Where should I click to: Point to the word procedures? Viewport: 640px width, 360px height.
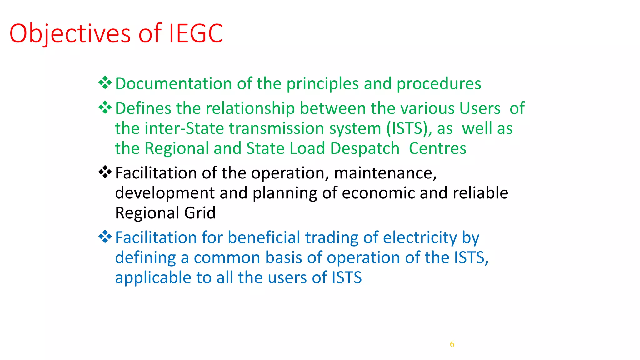(x=439, y=84)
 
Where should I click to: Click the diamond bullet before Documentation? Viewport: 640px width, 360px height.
(x=105, y=83)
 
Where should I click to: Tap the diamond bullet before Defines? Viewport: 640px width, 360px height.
(x=105, y=107)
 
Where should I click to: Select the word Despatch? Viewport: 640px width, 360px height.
(x=365, y=148)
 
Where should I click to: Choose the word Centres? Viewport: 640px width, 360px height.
(x=437, y=148)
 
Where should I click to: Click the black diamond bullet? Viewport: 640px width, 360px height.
(x=105, y=172)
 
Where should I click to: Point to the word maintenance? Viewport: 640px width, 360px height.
(x=385, y=173)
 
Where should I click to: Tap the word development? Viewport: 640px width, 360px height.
(x=165, y=193)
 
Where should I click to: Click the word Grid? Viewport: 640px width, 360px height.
(x=200, y=213)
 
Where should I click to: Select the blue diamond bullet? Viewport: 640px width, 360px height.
(x=105, y=237)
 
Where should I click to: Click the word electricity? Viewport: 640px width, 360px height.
(x=420, y=238)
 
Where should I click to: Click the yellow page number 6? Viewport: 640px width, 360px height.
(x=452, y=344)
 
